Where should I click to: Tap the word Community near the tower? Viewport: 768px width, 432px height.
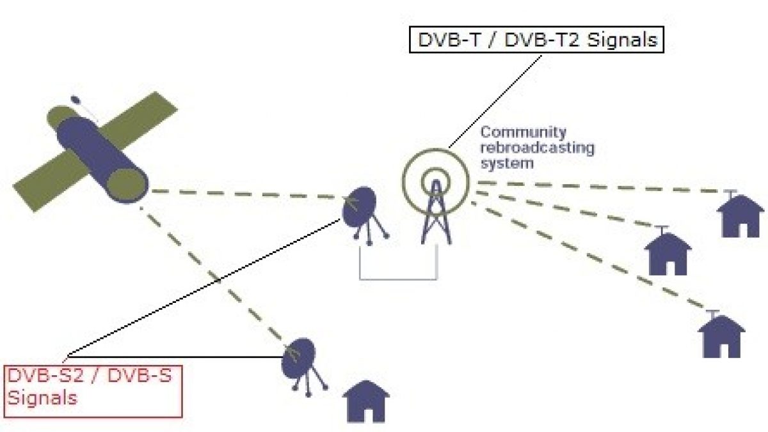coord(523,133)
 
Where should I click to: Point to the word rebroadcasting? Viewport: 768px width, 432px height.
coord(538,148)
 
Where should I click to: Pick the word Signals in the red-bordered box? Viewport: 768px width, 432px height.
coord(42,398)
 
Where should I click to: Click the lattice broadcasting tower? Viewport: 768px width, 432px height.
coord(435,214)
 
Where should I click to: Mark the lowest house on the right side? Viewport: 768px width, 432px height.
coord(721,336)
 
